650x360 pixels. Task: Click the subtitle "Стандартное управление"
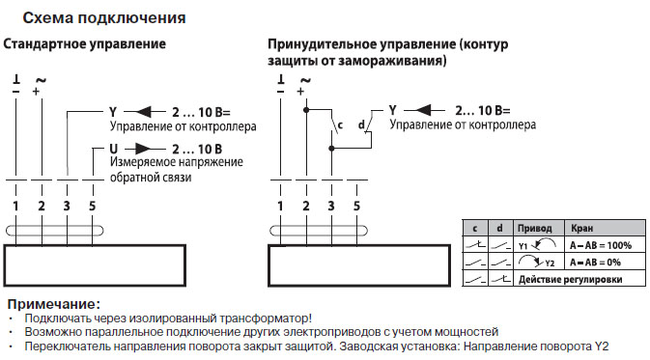(86, 45)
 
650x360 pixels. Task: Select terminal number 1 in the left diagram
(16, 207)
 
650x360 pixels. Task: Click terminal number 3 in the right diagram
(331, 207)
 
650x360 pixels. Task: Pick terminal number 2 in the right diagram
(305, 207)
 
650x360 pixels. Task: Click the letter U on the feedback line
(113, 149)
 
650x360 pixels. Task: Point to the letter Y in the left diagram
(113, 111)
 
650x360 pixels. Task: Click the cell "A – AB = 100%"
(600, 246)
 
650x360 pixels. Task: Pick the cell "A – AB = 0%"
(596, 262)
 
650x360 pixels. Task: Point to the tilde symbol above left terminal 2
(41, 79)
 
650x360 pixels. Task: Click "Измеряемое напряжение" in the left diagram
(176, 163)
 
